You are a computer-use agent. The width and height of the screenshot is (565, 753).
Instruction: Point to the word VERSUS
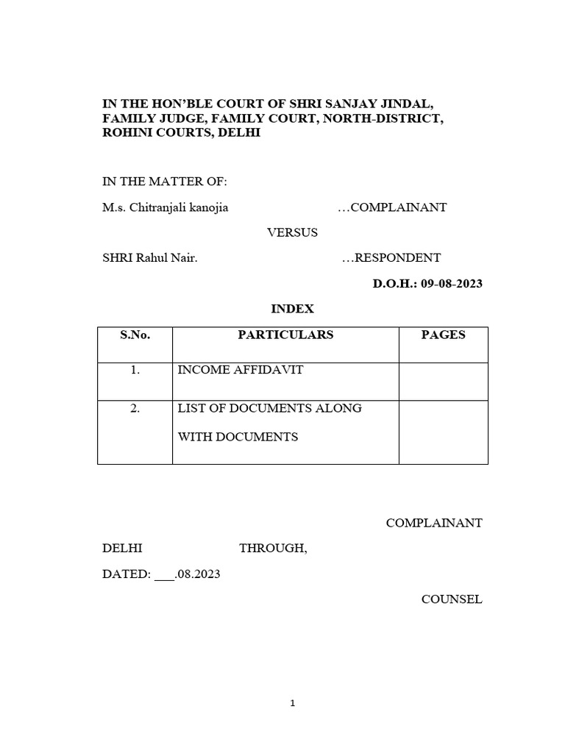tap(292, 232)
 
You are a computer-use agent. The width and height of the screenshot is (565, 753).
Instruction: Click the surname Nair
tap(182, 258)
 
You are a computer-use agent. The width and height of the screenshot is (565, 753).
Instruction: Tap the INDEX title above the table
tap(293, 310)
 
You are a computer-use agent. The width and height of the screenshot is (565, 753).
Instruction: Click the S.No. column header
tap(135, 335)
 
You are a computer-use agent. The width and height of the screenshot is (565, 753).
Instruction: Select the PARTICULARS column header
tap(285, 335)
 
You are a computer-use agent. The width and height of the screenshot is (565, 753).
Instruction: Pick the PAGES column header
tap(443, 335)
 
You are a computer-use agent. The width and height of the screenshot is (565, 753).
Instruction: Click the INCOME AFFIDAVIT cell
tap(241, 370)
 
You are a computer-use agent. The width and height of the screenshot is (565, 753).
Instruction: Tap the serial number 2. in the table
tap(135, 409)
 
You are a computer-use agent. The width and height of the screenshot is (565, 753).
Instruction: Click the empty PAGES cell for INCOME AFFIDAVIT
tap(443, 381)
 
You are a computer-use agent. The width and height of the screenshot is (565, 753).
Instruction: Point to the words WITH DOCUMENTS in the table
tap(238, 437)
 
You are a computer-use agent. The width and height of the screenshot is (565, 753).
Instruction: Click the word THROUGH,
tap(273, 549)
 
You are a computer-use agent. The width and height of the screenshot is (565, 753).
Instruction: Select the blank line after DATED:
tap(163, 574)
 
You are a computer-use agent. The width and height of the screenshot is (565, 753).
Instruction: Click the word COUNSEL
tap(452, 599)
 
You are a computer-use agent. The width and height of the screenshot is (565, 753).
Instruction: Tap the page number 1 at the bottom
tap(292, 703)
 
